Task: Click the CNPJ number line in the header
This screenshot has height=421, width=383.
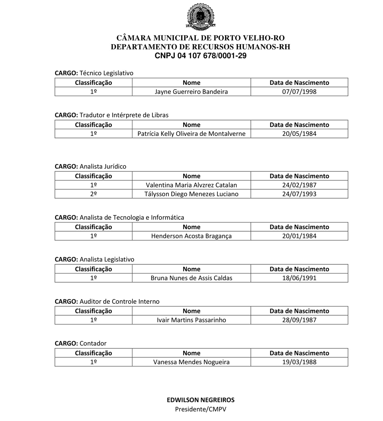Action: point(200,56)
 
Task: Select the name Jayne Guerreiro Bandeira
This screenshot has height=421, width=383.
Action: point(191,92)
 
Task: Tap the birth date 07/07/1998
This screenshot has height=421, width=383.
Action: point(299,92)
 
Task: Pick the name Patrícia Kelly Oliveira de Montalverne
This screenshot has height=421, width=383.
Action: point(191,134)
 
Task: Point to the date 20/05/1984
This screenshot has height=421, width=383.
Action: point(299,134)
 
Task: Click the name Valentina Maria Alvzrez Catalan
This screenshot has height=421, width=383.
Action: point(191,185)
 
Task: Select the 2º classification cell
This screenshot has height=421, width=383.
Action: point(93,194)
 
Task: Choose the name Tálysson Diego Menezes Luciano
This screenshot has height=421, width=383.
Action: point(191,194)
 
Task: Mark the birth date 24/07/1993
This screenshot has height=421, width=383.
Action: point(299,194)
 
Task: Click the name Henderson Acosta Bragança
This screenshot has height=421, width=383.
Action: point(191,236)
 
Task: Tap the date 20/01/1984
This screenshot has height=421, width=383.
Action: point(299,236)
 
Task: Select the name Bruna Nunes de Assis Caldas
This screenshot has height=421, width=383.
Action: point(191,278)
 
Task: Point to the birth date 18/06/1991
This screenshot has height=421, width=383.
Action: point(299,278)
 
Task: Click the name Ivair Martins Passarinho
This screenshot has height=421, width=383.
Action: point(191,320)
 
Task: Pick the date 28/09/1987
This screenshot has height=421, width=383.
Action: point(299,320)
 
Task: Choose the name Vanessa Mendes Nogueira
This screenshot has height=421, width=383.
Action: point(191,362)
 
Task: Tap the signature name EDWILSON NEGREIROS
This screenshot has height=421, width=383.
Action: point(200,400)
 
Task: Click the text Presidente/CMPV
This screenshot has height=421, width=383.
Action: point(200,409)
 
